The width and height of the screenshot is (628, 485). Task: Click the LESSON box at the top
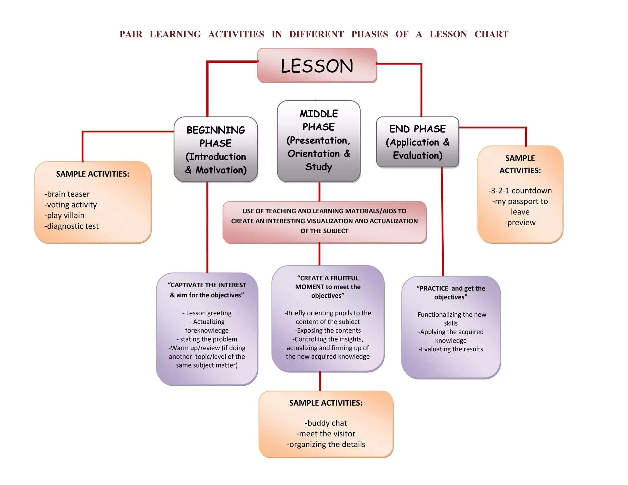coord(317,66)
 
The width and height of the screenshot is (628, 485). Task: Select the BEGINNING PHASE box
coord(216,150)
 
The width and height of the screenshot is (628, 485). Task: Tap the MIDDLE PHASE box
coord(319,141)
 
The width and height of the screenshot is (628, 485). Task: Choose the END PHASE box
coord(417,142)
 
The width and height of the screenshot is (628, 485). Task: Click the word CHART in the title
coord(491,34)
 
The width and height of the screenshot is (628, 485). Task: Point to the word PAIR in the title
coord(131,34)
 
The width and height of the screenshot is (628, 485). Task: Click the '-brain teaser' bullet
coord(67,194)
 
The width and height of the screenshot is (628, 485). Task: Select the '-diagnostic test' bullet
coord(71,226)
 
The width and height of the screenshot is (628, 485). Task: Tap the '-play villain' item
coord(64,216)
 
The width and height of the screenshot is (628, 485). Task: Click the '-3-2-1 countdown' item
coord(520,191)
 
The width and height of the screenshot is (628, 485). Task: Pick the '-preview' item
coord(520,223)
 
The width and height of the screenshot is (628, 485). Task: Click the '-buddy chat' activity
coord(326,423)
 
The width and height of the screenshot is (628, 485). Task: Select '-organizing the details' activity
coord(326,445)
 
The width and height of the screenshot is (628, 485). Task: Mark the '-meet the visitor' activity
coord(326,434)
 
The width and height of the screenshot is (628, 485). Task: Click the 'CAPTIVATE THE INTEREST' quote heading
coord(207,285)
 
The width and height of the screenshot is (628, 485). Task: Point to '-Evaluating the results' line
coord(451,349)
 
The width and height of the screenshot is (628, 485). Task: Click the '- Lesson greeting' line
coord(207,313)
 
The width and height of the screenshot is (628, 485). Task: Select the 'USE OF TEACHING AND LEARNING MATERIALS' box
coord(324,221)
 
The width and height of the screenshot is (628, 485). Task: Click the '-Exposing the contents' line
coord(328,330)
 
